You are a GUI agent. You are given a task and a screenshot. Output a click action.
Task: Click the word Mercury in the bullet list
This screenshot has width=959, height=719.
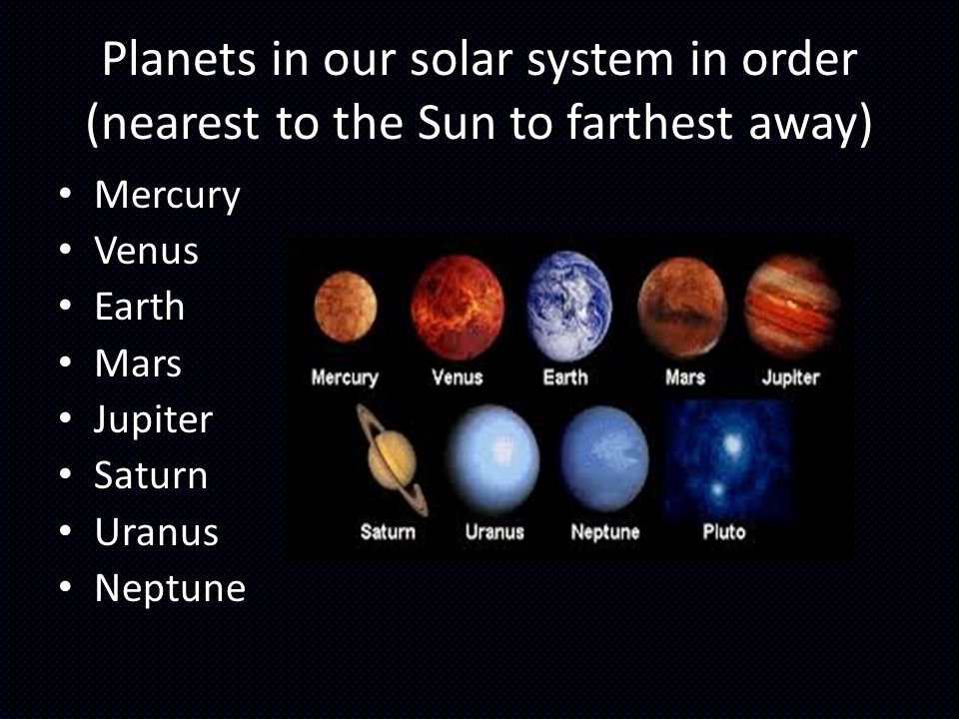168,196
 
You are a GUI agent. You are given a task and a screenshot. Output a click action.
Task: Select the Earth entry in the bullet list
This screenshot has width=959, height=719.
140,307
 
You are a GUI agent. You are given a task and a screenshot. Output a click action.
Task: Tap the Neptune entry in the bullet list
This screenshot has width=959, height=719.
170,589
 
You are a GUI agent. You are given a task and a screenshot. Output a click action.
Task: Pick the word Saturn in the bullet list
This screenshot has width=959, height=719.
151,475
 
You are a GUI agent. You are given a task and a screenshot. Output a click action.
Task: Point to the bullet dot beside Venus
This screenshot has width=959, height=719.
66,250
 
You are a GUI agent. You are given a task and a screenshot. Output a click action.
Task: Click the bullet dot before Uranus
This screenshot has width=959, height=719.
66,531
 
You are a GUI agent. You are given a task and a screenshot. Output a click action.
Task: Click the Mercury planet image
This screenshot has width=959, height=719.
346,307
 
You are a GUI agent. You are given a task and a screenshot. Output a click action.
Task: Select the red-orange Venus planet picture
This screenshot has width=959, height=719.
458,307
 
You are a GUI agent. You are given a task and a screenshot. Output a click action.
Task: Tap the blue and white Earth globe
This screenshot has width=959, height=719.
569,306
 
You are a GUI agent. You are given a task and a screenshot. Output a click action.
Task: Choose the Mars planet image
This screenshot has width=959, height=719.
682,307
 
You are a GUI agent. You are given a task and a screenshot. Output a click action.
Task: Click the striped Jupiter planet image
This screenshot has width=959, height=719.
791,306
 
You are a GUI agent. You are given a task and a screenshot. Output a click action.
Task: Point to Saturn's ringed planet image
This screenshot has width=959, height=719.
392,459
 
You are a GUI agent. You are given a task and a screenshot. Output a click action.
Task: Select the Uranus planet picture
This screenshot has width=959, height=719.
494,459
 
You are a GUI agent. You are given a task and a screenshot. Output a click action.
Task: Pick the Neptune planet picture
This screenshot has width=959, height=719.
605,458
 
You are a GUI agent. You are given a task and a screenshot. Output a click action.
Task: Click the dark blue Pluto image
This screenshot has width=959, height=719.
728,458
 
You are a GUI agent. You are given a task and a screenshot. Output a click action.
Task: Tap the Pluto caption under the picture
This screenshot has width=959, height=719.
724,532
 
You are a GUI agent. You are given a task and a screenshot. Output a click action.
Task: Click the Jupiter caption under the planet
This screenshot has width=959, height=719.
791,377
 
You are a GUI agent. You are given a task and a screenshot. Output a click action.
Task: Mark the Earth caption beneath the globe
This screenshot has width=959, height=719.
565,377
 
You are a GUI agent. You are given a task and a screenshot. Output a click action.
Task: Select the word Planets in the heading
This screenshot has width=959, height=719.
179,60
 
